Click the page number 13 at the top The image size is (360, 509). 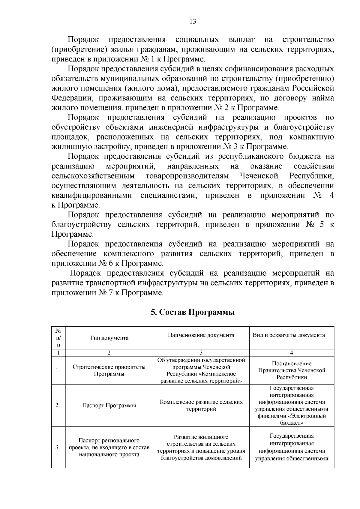[193, 22]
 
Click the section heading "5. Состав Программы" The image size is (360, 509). [193, 312]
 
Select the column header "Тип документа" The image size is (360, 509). [109, 338]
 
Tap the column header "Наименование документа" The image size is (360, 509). [201, 335]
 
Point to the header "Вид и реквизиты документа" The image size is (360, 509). [292, 335]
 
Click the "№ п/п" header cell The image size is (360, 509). [58, 338]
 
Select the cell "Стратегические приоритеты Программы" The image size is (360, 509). [109, 370]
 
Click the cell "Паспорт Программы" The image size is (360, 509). [109, 406]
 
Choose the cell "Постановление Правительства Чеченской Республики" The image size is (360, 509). [292, 370]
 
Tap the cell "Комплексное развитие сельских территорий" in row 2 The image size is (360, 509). [201, 406]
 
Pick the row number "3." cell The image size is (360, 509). [58, 447]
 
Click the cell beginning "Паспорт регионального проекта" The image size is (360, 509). [109, 447]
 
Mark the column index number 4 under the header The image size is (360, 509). [292, 353]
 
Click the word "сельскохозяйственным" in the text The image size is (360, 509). [93, 176]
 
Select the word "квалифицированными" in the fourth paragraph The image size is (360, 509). [92, 196]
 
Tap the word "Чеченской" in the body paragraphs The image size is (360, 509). [259, 176]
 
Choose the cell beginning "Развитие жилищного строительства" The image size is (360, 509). [201, 447]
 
